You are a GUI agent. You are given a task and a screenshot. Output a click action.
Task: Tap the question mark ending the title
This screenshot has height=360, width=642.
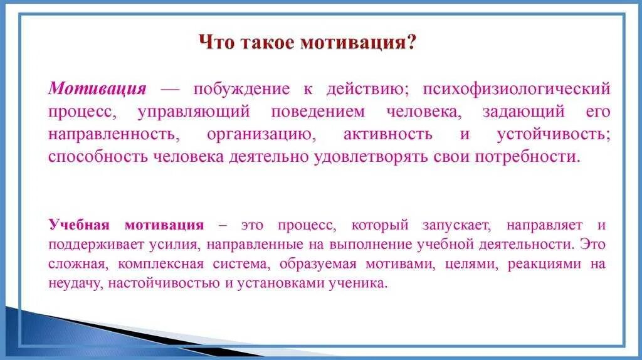(411, 44)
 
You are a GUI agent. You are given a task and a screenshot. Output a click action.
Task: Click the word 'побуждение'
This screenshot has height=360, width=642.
(241, 88)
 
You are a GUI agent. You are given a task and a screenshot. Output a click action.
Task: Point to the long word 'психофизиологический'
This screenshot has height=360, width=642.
(516, 88)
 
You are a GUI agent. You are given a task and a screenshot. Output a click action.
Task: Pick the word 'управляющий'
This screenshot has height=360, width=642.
(192, 112)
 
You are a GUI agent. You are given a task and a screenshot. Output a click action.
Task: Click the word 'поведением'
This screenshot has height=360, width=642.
(317, 112)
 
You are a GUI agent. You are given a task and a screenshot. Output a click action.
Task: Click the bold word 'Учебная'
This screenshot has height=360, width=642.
(79, 225)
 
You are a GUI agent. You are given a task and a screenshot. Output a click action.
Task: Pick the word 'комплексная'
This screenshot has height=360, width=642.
(150, 264)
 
